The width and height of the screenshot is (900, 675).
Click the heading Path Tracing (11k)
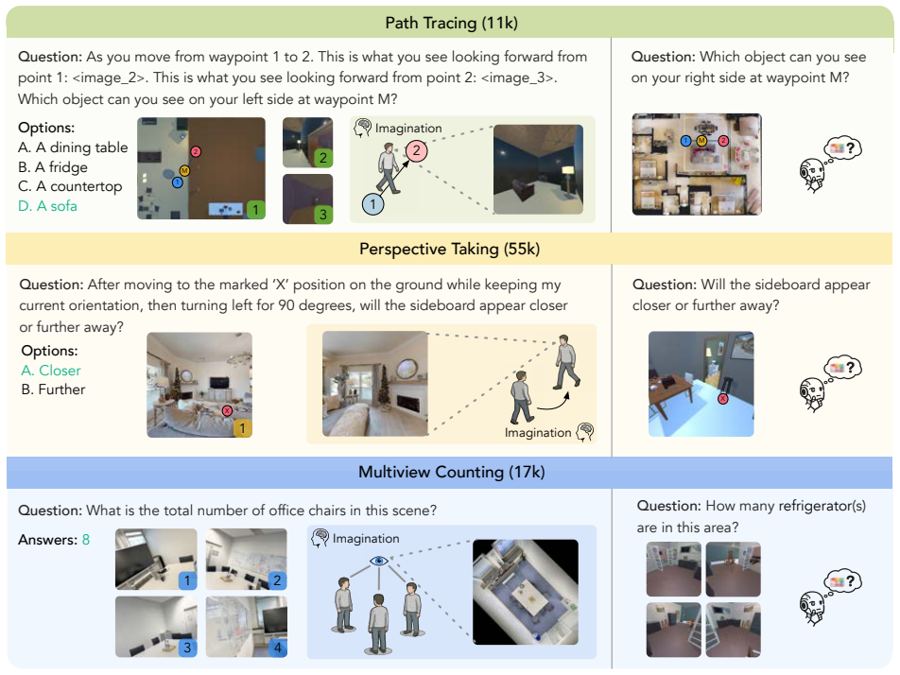pos(451,23)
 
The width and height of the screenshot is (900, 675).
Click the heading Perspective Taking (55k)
pos(449,250)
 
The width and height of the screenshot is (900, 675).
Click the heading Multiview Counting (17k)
pos(451,472)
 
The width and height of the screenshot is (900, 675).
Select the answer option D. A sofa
pos(47,206)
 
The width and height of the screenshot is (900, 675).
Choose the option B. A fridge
pos(53,167)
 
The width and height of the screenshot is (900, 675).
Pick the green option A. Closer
pos(51,371)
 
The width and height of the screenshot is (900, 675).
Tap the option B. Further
pos(53,389)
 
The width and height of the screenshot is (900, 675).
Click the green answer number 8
pos(86,540)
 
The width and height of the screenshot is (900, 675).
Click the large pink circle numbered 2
pos(417,151)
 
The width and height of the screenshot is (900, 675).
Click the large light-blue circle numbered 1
pos(372,204)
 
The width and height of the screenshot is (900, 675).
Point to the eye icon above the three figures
pos(379,561)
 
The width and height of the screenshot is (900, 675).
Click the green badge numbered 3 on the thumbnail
pos(323,215)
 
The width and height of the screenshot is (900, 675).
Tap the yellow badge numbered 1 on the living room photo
pos(242,428)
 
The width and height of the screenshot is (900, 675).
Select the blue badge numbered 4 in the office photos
pos(278,648)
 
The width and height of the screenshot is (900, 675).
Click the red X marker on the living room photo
pos(227,410)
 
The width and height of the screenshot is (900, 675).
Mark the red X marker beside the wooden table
pos(723,398)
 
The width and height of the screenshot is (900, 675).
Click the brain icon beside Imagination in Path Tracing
pos(363,128)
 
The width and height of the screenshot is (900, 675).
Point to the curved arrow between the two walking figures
pos(553,403)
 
